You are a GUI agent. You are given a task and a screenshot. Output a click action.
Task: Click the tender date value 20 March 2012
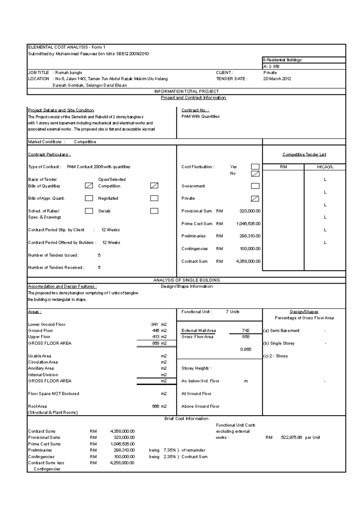click(277, 79)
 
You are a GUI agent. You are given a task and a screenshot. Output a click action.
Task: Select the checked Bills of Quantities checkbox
click(89, 186)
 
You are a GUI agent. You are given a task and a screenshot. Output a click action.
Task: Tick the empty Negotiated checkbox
click(154, 198)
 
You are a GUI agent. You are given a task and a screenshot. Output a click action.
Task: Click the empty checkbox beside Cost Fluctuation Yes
click(255, 167)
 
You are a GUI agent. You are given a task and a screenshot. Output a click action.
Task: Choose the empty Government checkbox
click(255, 186)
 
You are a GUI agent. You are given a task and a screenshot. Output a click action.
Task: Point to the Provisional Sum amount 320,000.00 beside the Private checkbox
click(250, 211)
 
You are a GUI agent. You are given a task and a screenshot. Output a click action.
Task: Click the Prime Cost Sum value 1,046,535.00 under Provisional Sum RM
click(248, 224)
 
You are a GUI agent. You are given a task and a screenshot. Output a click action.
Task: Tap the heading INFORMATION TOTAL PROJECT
click(186, 91)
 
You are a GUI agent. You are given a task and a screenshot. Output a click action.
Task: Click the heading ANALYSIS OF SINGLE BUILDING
click(186, 280)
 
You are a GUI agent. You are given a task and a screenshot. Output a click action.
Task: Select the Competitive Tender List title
click(304, 154)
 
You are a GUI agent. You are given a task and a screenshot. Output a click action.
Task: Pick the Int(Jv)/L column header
click(325, 167)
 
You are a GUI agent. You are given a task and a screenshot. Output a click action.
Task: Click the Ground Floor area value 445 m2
click(159, 330)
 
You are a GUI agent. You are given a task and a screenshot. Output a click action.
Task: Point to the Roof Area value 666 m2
click(159, 406)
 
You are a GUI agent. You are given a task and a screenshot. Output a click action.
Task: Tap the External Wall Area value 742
click(246, 330)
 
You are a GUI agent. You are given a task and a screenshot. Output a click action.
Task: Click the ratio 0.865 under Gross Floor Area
click(246, 349)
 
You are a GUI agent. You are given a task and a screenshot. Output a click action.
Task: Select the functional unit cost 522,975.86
click(291, 438)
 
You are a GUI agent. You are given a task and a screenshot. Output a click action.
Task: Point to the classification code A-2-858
click(271, 66)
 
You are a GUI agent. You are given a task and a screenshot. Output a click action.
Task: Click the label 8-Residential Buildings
click(282, 60)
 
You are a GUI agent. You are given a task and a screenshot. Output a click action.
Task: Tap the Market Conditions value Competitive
click(85, 142)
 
